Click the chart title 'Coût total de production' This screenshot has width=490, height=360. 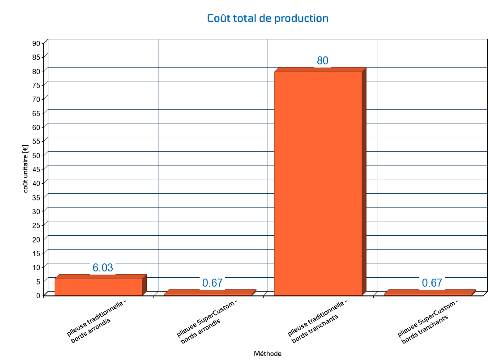[268, 18]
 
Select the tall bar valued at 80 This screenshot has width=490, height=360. [318, 183]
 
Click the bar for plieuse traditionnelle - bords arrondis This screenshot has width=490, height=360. [98, 287]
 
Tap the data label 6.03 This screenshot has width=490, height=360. [103, 268]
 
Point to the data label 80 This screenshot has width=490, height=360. [323, 61]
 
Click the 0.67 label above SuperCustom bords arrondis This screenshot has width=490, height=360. [213, 283]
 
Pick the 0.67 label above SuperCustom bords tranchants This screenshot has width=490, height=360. [432, 283]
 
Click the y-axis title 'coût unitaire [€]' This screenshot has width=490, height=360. [26, 168]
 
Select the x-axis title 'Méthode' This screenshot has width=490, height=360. [268, 354]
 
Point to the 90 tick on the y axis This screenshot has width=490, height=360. [36, 43]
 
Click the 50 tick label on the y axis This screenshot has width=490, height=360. [36, 155]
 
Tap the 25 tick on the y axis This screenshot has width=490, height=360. [36, 225]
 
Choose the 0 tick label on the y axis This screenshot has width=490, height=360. [38, 295]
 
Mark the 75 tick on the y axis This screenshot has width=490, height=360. [36, 85]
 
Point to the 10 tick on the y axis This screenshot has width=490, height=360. [36, 267]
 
